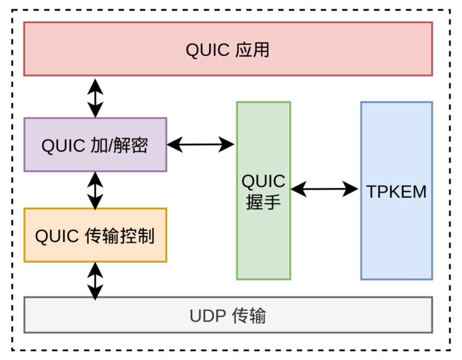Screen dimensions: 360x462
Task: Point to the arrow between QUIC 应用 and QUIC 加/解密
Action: pyautogui.click(x=95, y=97)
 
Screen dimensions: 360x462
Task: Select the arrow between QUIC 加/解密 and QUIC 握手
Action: pyautogui.click(x=201, y=145)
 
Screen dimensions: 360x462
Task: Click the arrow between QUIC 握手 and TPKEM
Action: pyautogui.click(x=325, y=190)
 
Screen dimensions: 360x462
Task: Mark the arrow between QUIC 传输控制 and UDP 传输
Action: pyautogui.click(x=95, y=280)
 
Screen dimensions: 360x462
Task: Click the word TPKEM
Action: pyautogui.click(x=397, y=192)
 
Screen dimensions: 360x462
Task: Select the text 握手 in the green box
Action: pyautogui.click(x=263, y=202)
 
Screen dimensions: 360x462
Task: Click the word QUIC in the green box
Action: pyautogui.click(x=263, y=181)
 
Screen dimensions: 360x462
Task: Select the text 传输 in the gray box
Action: pyautogui.click(x=249, y=316)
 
